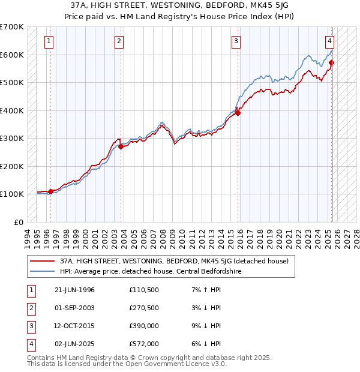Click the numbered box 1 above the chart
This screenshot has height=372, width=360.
(x=48, y=41)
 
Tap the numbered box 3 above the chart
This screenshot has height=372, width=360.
(x=236, y=41)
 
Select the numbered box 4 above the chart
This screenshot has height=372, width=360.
(x=330, y=41)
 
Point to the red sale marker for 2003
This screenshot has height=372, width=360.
(x=121, y=146)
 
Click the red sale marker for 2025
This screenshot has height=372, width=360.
(x=332, y=62)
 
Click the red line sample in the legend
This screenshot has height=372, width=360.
(x=43, y=261)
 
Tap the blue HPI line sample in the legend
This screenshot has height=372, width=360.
(x=43, y=271)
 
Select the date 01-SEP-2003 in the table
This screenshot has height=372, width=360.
(x=74, y=308)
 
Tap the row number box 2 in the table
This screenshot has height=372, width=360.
(x=30, y=308)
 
